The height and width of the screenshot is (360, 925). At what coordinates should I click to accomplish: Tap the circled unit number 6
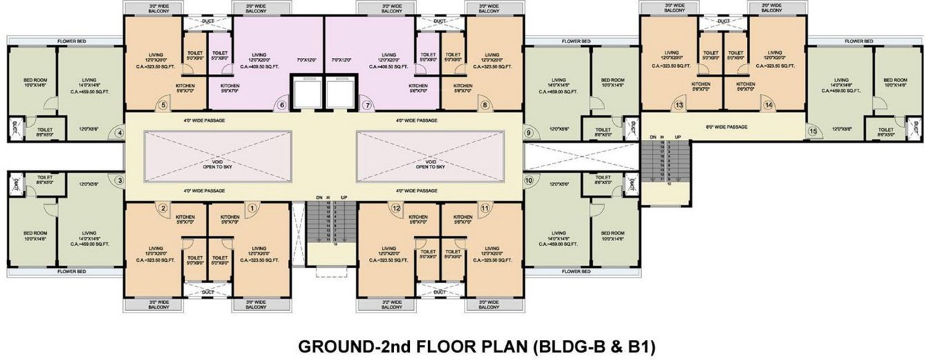click(282, 105)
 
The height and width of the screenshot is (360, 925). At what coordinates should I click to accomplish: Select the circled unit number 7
click(367, 105)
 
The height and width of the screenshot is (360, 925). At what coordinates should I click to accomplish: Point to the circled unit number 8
click(485, 105)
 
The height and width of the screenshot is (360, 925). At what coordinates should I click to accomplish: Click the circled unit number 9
click(528, 132)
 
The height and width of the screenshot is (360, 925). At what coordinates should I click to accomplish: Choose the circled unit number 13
click(679, 105)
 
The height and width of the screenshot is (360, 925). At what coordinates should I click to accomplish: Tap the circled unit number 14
click(768, 105)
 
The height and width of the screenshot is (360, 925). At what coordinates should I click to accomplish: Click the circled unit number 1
click(252, 207)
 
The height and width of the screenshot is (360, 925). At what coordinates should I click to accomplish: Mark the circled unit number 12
click(397, 207)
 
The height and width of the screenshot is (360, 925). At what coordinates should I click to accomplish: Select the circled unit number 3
click(120, 181)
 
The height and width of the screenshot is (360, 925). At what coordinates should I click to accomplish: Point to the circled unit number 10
click(528, 181)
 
